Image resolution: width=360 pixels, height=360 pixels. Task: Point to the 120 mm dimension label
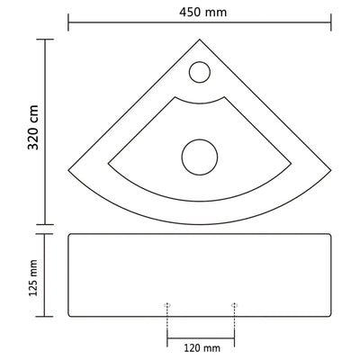coord(199,347)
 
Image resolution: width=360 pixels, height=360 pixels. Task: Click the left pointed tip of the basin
coord(67,167)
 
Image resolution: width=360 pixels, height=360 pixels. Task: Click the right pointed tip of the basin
coord(332,167)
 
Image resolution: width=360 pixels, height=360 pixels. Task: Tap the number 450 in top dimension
coord(192,12)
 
